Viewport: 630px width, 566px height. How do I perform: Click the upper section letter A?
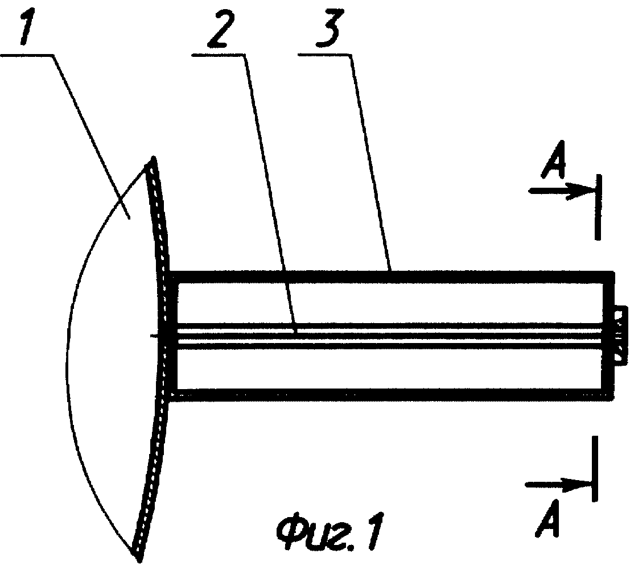click(x=554, y=159)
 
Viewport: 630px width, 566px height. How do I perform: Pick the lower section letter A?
click(x=547, y=518)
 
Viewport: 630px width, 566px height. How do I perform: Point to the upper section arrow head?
click(x=581, y=191)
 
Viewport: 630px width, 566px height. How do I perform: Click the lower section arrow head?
click(x=578, y=485)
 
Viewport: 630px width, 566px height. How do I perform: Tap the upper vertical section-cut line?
click(x=598, y=207)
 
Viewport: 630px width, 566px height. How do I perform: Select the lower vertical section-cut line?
click(x=595, y=469)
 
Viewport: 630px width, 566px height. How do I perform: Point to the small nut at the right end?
click(x=620, y=336)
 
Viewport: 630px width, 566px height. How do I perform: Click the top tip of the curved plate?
click(x=153, y=158)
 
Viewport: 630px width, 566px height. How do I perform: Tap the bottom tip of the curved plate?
click(x=138, y=559)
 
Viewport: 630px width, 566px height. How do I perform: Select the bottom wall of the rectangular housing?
click(x=392, y=395)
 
